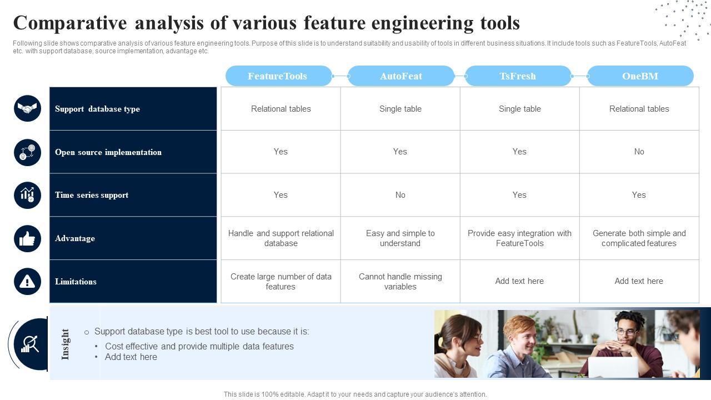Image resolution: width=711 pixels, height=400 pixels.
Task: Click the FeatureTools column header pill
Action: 279,76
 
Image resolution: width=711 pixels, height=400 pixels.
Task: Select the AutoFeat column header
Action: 401,76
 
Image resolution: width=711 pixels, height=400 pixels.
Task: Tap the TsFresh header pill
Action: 518,76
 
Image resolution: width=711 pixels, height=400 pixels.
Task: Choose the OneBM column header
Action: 640,76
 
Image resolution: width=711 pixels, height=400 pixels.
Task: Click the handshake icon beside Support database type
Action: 27,108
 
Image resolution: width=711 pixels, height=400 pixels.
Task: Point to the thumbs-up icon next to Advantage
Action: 27,239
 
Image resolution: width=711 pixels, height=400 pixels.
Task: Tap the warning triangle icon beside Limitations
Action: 27,282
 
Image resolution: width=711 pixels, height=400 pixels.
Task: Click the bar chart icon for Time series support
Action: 27,195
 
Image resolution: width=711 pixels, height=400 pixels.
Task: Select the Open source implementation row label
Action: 108,152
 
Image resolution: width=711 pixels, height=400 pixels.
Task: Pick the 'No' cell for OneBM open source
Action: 639,152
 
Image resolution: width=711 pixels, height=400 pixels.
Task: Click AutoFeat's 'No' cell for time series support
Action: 400,195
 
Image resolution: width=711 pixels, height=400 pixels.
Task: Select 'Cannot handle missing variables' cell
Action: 400,282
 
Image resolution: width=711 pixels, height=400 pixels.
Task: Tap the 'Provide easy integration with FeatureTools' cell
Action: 519,238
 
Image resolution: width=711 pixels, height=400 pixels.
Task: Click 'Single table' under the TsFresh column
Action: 519,109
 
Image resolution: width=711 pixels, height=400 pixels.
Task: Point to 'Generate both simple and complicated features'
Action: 639,238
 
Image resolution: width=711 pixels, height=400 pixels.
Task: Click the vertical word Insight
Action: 65,344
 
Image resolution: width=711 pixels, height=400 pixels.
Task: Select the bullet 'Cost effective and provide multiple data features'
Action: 199,346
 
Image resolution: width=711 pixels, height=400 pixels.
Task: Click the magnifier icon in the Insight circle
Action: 30,344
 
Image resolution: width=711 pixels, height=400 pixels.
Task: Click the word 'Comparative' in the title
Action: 70,23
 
